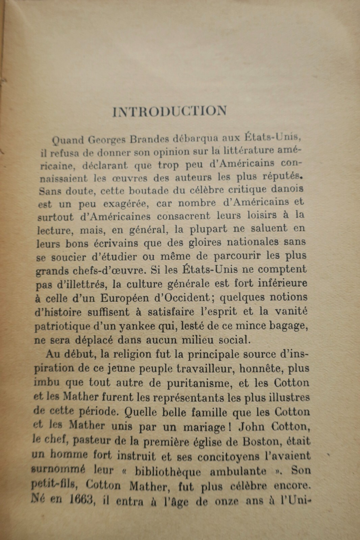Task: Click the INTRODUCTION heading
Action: pyautogui.click(x=170, y=112)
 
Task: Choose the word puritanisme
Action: pyautogui.click(x=207, y=384)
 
